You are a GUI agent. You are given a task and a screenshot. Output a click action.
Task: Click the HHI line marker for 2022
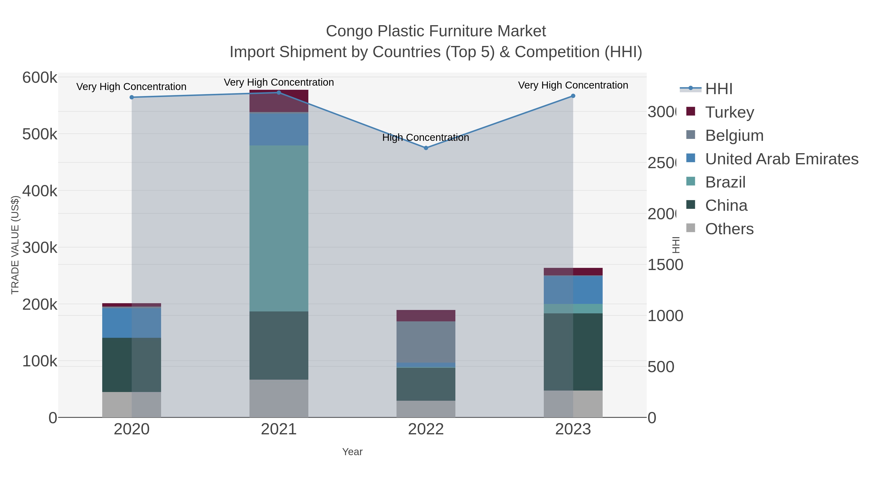pyautogui.click(x=426, y=148)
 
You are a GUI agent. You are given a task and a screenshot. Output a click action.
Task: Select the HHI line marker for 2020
pyautogui.click(x=132, y=97)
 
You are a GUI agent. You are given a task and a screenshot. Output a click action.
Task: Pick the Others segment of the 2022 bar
pyautogui.click(x=426, y=409)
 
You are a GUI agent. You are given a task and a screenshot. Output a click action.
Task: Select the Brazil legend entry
pyautogui.click(x=725, y=182)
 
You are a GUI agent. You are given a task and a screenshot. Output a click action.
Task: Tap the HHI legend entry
pyautogui.click(x=719, y=89)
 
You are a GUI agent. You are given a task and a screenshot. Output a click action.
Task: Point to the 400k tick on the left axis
pyautogui.click(x=40, y=191)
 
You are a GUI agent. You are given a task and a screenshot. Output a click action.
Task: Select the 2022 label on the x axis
pyautogui.click(x=426, y=429)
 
